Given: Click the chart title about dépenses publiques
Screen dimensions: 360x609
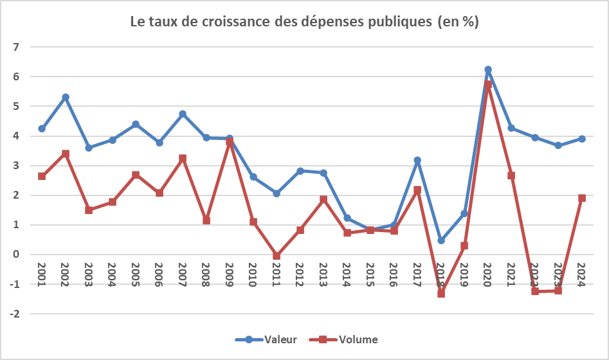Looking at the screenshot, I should [x=304, y=22].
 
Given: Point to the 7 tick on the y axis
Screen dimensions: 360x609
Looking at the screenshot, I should [x=17, y=47].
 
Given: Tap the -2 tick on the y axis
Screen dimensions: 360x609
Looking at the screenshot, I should [x=16, y=314].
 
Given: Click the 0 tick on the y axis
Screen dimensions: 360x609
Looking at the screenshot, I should [x=17, y=255].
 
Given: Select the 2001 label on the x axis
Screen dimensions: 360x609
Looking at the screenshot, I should [x=42, y=275].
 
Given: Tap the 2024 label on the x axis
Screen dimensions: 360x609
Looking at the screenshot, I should [x=581, y=275].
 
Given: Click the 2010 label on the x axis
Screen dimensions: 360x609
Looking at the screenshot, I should [x=253, y=275].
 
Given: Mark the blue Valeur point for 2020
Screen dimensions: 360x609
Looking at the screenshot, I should [x=488, y=69].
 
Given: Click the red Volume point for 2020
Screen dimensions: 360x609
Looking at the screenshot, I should [x=488, y=84].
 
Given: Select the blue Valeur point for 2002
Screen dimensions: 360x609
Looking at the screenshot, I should [x=65, y=97].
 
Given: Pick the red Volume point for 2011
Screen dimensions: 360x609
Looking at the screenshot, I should [x=277, y=256].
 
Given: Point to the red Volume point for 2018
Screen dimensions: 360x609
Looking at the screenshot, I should [x=441, y=293].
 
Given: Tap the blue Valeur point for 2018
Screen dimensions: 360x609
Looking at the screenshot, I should [x=441, y=240].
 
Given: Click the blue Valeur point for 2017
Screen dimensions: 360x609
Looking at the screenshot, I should [x=417, y=160].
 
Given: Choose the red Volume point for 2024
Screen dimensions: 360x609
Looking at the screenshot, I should [x=581, y=198].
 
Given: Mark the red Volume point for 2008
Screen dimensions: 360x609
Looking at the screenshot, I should [x=206, y=221].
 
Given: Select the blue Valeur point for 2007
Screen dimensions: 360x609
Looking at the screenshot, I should [x=183, y=114].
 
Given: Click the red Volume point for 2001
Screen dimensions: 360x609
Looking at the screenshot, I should [x=42, y=176].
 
